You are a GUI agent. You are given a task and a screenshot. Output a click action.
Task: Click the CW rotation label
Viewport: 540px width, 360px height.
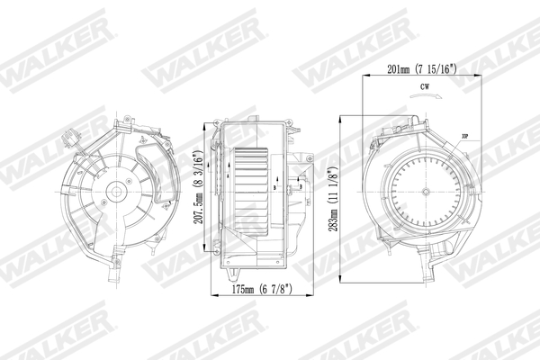click(423, 88)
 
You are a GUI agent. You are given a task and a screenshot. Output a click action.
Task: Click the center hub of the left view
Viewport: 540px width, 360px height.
click(117, 192)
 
